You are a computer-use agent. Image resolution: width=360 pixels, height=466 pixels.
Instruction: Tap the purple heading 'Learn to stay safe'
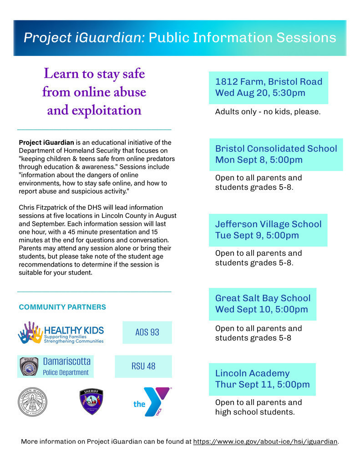click(94, 74)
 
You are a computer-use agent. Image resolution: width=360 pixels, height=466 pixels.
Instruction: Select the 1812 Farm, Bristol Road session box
click(269, 87)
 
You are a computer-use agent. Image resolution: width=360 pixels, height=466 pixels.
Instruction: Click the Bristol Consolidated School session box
click(276, 154)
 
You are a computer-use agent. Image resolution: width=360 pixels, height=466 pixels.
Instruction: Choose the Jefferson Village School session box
click(268, 230)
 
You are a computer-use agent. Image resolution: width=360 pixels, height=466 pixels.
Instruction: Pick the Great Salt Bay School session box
click(263, 304)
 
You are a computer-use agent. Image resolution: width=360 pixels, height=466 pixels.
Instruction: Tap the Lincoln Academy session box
click(262, 379)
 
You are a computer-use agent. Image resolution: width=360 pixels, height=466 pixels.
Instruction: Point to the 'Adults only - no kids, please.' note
click(268, 111)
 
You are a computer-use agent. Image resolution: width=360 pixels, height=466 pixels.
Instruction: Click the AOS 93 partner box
click(147, 332)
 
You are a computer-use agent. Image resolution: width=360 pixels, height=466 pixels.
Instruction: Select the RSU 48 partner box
click(143, 366)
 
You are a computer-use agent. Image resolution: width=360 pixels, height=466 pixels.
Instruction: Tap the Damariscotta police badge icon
click(29, 366)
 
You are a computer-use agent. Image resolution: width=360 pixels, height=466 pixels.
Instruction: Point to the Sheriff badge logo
click(91, 401)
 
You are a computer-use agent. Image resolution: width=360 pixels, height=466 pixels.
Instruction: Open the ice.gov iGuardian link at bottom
click(265, 441)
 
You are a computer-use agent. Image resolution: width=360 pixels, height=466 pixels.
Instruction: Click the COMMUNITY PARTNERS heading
click(62, 307)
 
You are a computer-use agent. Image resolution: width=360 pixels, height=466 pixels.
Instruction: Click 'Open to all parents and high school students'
click(258, 407)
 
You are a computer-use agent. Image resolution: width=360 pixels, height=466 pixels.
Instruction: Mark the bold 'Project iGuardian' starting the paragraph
click(46, 142)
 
